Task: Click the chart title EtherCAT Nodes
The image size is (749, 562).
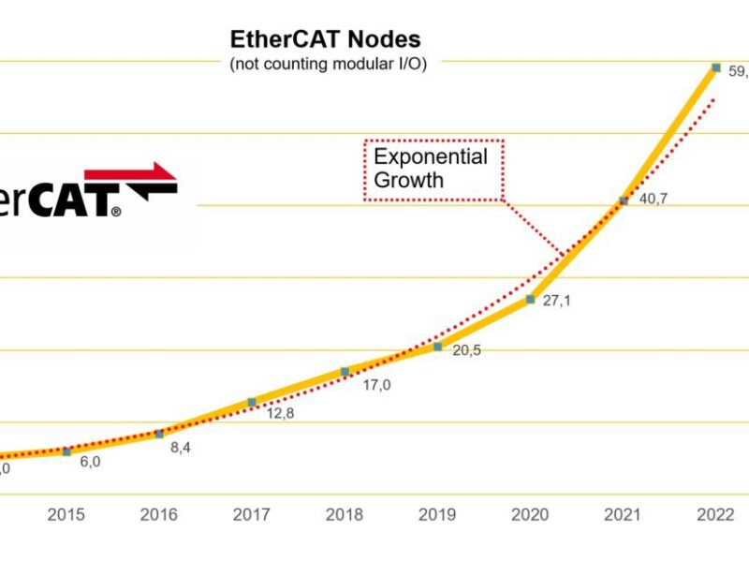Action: pyautogui.click(x=325, y=39)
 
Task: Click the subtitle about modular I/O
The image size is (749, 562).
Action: pyautogui.click(x=328, y=65)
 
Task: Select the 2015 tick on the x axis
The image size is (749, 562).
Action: pyautogui.click(x=66, y=515)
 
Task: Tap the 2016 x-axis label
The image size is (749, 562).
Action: pyautogui.click(x=159, y=515)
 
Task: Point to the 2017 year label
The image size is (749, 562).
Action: pyautogui.click(x=252, y=515)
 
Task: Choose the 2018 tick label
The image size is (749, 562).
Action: pyautogui.click(x=345, y=515)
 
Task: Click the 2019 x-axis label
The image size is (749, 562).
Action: pyautogui.click(x=437, y=515)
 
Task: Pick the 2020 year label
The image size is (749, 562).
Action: pyautogui.click(x=530, y=515)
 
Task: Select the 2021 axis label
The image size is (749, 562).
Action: pyautogui.click(x=623, y=515)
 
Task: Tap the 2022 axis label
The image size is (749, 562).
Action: pyautogui.click(x=715, y=515)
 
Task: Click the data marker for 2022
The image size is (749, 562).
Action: pyautogui.click(x=715, y=67)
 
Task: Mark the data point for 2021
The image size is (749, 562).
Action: pyautogui.click(x=623, y=201)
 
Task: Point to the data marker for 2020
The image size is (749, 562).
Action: pyautogui.click(x=530, y=300)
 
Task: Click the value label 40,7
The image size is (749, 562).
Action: pyautogui.click(x=653, y=201)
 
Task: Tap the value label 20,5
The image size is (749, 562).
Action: pyautogui.click(x=467, y=350)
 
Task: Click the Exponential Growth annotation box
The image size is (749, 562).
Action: pyautogui.click(x=433, y=169)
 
